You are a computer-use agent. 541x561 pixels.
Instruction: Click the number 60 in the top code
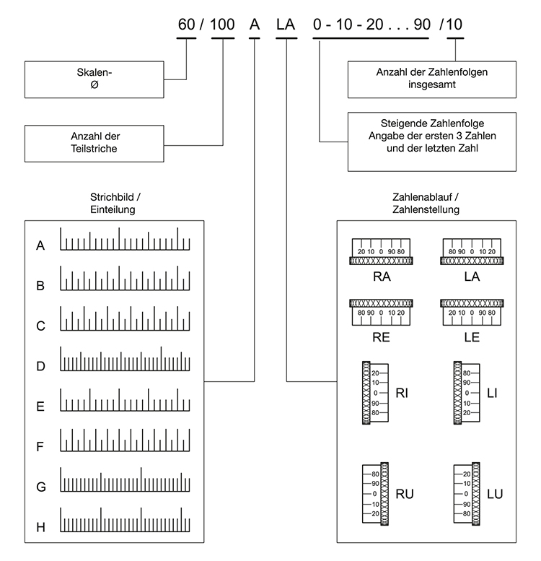click(x=186, y=25)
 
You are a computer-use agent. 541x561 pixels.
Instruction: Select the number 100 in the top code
click(x=222, y=25)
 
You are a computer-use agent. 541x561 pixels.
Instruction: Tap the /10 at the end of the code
click(x=451, y=25)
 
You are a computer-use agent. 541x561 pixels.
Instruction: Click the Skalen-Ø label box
click(x=94, y=79)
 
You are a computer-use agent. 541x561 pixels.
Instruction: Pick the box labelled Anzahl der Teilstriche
click(x=94, y=144)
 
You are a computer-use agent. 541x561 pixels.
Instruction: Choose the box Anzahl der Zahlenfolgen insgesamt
click(x=431, y=79)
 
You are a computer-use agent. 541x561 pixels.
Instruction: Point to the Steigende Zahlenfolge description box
click(x=431, y=142)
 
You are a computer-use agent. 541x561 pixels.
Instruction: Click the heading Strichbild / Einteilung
click(x=115, y=203)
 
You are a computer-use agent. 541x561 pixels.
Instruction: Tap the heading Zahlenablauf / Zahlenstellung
click(x=426, y=203)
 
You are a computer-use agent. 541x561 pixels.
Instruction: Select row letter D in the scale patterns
click(x=40, y=366)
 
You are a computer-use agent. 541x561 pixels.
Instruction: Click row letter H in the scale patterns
click(x=40, y=527)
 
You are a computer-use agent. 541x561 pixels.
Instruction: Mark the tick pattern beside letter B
click(x=125, y=278)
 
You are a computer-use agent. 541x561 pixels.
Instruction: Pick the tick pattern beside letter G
click(x=125, y=479)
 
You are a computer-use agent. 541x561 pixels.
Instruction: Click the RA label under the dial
click(x=382, y=277)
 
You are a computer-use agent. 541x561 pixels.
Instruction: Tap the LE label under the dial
click(x=472, y=337)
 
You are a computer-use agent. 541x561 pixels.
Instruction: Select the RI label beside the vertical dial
click(x=402, y=393)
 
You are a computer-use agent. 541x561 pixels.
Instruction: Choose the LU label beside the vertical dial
click(x=495, y=494)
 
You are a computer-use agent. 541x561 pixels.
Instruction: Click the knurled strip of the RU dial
click(x=384, y=494)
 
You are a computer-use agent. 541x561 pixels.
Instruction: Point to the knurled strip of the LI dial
click(x=457, y=393)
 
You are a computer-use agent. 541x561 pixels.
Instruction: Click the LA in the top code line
click(x=286, y=25)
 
